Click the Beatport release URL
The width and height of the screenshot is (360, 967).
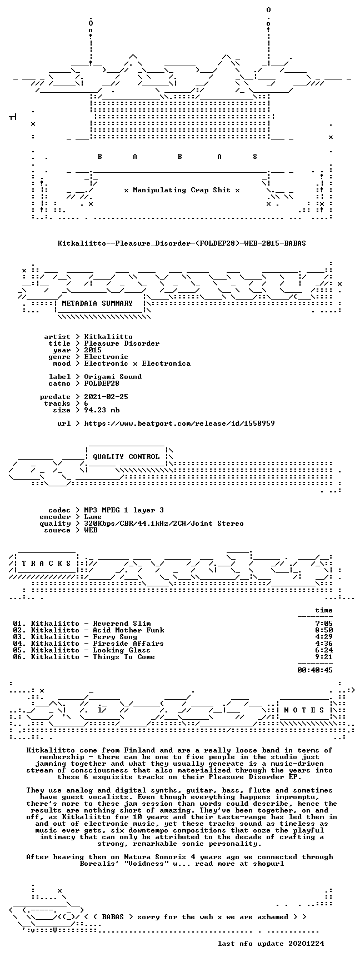click(179, 423)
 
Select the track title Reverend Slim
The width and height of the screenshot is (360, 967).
click(122, 624)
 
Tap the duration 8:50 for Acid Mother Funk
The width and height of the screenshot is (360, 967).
click(324, 630)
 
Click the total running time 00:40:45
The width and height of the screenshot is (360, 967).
click(315, 670)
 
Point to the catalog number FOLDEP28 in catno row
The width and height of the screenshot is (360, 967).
click(102, 383)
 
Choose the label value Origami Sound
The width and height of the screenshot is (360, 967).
click(113, 377)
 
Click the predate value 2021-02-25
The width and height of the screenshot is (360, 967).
click(106, 397)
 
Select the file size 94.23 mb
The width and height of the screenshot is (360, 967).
click(102, 410)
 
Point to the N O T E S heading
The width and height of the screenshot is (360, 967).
click(304, 710)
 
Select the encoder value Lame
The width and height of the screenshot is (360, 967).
click(93, 517)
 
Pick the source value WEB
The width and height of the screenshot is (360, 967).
click(91, 530)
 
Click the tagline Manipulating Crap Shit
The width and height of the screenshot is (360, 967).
click(182, 190)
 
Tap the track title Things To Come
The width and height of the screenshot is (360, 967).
click(124, 657)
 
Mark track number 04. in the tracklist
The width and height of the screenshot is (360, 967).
click(19, 644)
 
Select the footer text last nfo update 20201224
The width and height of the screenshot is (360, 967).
click(271, 944)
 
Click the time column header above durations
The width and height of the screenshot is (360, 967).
click(324, 610)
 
